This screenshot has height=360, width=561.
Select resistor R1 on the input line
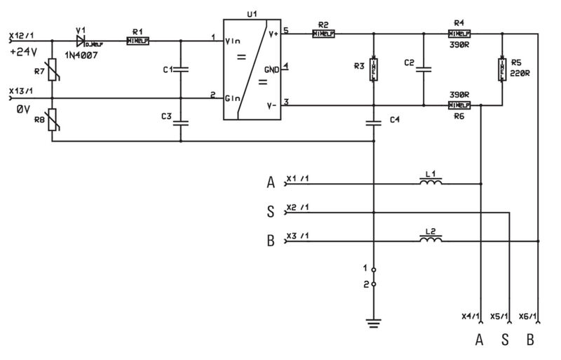pyautogui.click(x=137, y=41)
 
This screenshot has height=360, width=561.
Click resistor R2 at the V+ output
pyautogui.click(x=323, y=33)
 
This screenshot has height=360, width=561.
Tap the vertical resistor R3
pyautogui.click(x=374, y=68)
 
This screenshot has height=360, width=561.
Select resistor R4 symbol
pyautogui.click(x=459, y=33)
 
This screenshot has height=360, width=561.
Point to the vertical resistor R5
pyautogui.click(x=503, y=68)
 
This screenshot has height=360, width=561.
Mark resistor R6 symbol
pyautogui.click(x=459, y=106)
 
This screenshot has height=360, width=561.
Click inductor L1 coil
pyautogui.click(x=431, y=183)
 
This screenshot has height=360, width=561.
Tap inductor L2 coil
pyautogui.click(x=431, y=241)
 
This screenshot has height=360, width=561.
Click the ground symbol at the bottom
pyautogui.click(x=374, y=323)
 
